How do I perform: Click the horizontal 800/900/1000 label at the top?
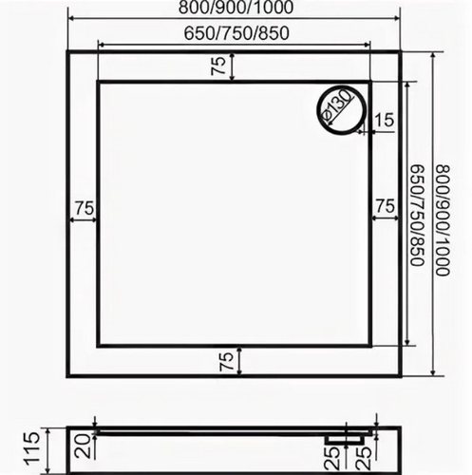pyautogui.click(x=236, y=8)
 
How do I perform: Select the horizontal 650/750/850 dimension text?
pyautogui.click(x=236, y=33)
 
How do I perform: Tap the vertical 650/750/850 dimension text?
pyautogui.click(x=417, y=216)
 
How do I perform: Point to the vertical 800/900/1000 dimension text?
pyautogui.click(x=443, y=220)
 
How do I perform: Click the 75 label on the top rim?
pyautogui.click(x=219, y=66)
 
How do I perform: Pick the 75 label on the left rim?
pyautogui.click(x=85, y=208)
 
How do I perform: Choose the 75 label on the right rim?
pyautogui.click(x=385, y=206)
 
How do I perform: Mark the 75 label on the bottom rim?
pyautogui.click(x=227, y=362)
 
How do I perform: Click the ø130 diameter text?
pyautogui.click(x=336, y=105)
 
